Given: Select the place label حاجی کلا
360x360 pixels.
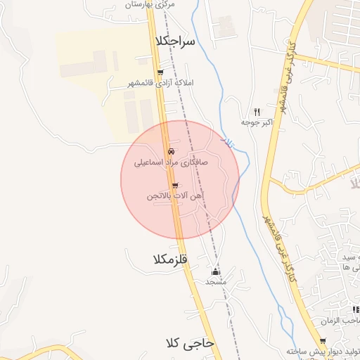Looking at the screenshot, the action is tap(190, 343).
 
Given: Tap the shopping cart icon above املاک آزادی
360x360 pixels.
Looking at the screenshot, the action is tap(160, 72).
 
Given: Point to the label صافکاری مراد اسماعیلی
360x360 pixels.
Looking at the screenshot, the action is tap(172, 162).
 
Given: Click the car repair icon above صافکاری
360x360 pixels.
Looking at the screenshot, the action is tap(172, 151).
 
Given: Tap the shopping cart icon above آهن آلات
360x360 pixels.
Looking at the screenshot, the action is tap(174, 186).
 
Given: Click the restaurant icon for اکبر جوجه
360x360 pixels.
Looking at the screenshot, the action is tap(257, 112).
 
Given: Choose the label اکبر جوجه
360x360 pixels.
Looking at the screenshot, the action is tap(256, 122).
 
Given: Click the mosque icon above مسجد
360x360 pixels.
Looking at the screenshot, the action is tap(215, 271).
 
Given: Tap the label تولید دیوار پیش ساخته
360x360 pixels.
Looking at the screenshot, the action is tap(323, 351).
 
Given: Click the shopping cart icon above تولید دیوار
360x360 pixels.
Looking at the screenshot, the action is tap(323, 340).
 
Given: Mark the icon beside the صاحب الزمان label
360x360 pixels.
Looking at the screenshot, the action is tap(356, 309).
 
